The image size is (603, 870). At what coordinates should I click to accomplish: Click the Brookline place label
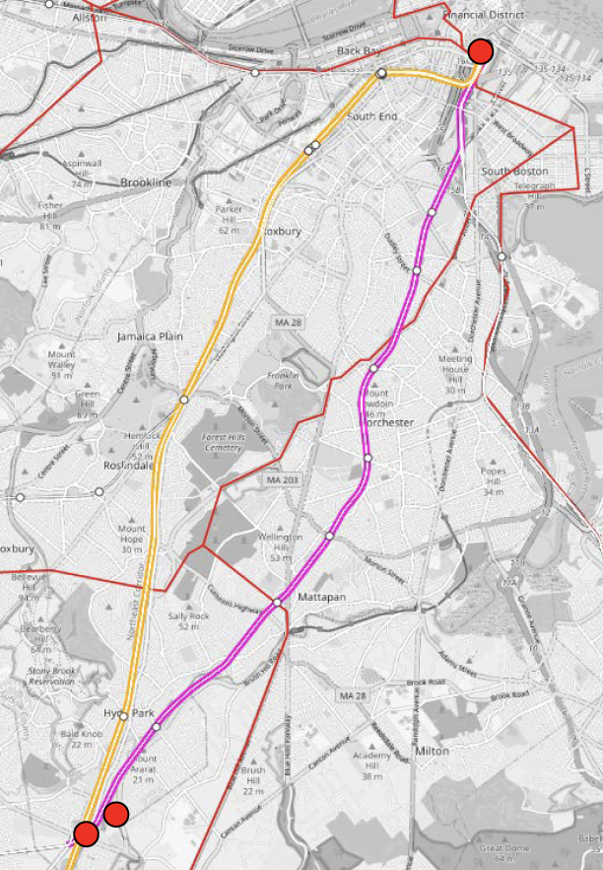click(x=146, y=182)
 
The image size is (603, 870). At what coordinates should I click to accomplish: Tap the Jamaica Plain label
click(x=151, y=336)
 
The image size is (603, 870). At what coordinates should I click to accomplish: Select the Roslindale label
click(x=128, y=466)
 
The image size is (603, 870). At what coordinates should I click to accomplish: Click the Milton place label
click(x=434, y=751)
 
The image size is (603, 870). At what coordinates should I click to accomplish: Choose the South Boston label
click(x=513, y=171)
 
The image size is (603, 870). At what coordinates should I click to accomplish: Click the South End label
click(x=371, y=116)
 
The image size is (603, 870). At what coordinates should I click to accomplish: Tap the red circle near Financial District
click(x=481, y=51)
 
